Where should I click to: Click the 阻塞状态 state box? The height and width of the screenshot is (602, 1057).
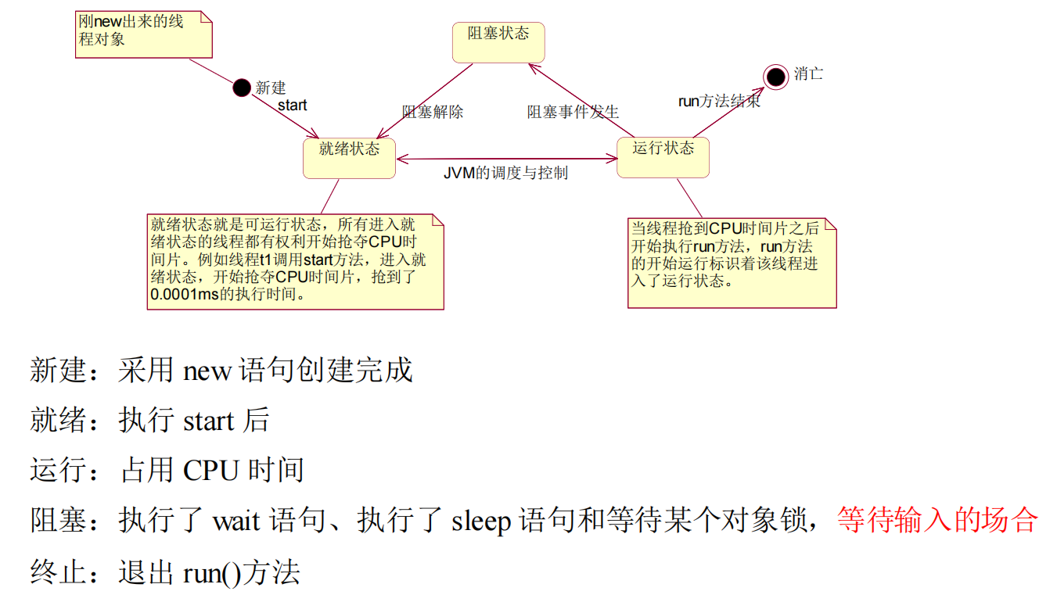click(x=498, y=42)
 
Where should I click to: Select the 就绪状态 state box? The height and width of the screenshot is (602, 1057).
click(x=349, y=158)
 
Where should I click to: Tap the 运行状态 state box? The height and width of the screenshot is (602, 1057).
click(x=663, y=157)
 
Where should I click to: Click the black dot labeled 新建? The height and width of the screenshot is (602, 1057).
click(x=242, y=88)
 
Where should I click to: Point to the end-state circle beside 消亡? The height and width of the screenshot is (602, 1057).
click(x=775, y=76)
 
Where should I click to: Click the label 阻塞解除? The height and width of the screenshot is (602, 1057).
click(x=433, y=112)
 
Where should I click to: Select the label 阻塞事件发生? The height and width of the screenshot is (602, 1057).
click(x=573, y=112)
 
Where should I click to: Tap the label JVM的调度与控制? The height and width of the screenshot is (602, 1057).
click(x=505, y=173)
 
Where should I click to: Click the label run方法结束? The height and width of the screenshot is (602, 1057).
click(x=718, y=102)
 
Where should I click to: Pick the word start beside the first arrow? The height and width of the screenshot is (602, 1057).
click(x=293, y=106)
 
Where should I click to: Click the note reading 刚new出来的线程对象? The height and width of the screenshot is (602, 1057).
click(x=145, y=34)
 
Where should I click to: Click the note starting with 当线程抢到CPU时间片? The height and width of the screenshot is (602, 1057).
click(x=732, y=263)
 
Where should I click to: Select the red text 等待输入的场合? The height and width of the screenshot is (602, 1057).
click(x=937, y=520)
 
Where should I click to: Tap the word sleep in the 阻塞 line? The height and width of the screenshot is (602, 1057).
click(x=481, y=521)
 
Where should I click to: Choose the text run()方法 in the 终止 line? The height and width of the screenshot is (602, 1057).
click(x=241, y=572)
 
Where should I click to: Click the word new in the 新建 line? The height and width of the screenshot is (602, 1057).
click(x=207, y=371)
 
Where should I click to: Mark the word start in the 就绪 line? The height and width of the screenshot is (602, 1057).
click(x=208, y=421)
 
